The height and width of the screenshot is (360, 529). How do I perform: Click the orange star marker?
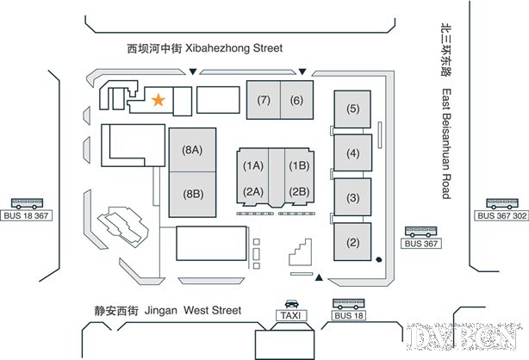(158, 100)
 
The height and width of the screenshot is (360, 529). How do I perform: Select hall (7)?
(264, 100)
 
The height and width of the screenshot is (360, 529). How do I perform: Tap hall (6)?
(296, 100)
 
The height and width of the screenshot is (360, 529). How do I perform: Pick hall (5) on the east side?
(352, 109)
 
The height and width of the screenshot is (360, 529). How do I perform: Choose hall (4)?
(352, 154)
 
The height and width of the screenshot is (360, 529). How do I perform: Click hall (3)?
(352, 198)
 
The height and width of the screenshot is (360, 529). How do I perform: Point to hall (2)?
(352, 242)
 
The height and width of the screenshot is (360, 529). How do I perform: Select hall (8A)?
(192, 150)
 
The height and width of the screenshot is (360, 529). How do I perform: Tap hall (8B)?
(192, 194)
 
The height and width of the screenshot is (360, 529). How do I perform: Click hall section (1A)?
(253, 165)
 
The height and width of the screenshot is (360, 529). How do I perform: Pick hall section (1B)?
(299, 165)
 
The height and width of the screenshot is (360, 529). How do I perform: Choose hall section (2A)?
(253, 191)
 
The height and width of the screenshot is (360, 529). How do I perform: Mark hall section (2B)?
(299, 191)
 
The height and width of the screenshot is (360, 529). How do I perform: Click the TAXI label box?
(292, 316)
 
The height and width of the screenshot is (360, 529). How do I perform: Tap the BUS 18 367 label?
(27, 215)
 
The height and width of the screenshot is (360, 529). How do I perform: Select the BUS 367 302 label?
(503, 215)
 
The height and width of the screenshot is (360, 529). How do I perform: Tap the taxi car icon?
(292, 303)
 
